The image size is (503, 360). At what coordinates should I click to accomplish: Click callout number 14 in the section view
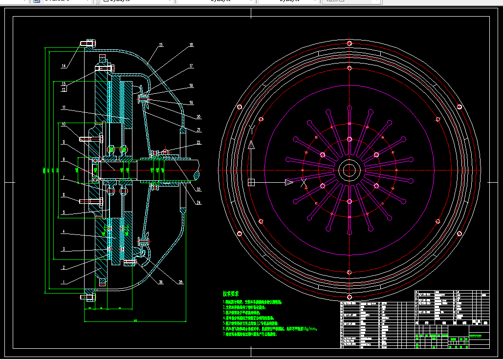64,66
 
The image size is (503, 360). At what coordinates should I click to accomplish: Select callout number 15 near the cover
160,45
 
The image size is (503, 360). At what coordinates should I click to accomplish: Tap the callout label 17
191,65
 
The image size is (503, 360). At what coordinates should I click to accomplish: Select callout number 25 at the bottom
180,282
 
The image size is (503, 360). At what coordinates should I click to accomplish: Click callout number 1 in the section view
63,282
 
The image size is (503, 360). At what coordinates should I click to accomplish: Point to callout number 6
63,195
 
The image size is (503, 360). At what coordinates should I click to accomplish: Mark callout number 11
64,107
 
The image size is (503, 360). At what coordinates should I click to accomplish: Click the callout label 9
63,142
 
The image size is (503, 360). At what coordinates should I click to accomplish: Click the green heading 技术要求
231,294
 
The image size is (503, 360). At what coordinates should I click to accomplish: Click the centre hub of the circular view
349,170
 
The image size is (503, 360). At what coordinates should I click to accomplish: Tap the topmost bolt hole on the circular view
349,43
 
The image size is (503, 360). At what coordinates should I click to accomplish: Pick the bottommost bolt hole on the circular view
349,297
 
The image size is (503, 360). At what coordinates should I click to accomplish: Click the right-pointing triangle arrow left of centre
289,182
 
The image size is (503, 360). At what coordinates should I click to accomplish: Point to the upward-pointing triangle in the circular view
251,145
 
